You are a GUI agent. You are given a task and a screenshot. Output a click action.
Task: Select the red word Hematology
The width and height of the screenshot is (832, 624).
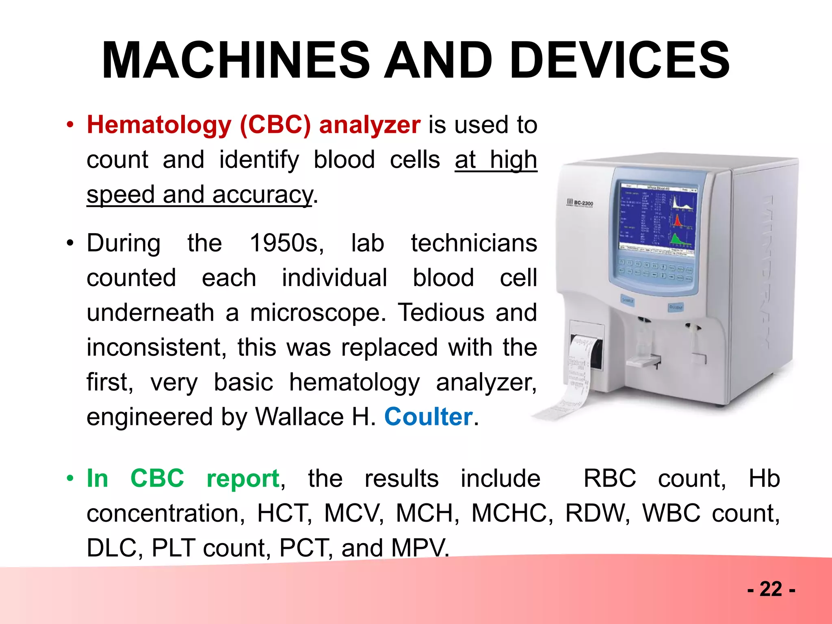point(159,125)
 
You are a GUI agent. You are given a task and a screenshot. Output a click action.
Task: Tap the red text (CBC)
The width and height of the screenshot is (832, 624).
point(275,125)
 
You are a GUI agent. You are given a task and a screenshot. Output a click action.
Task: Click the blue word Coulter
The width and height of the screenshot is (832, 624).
point(428,417)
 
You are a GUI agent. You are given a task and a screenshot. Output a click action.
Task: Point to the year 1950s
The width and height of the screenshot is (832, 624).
point(286,243)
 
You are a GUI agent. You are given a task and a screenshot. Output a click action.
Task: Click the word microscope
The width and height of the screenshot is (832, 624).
point(317,313)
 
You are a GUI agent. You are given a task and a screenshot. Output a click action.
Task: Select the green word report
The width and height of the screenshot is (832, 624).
point(243,479)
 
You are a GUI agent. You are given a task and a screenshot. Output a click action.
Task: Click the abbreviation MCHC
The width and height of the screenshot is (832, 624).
point(512,513)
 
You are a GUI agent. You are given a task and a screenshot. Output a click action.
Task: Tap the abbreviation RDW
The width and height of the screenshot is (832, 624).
point(597,513)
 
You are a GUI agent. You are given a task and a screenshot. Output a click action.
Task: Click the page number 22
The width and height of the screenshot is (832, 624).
point(771,589)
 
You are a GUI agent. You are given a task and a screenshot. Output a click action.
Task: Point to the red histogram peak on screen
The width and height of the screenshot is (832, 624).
point(677,222)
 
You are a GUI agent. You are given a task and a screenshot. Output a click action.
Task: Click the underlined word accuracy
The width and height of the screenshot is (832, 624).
point(262,195)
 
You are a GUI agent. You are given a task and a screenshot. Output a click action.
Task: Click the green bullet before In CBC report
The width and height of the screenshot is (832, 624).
point(70,479)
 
